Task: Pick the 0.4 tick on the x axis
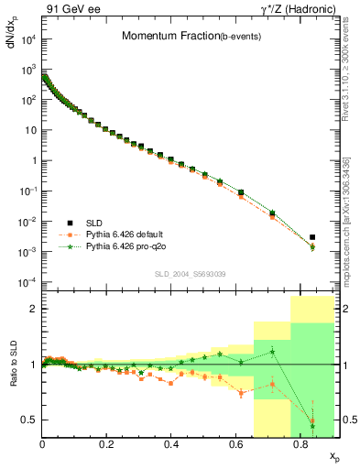[171, 443]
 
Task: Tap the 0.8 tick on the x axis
[300, 443]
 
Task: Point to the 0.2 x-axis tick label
[107, 443]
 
